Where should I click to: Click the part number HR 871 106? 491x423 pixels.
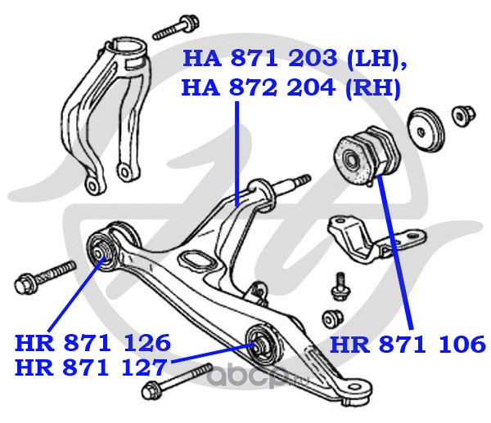coord(408,345)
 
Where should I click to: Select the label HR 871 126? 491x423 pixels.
coord(92,343)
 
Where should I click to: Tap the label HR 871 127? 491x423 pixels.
coord(91,367)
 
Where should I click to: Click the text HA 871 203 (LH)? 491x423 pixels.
coord(295,58)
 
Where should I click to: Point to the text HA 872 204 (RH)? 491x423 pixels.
coord(291,88)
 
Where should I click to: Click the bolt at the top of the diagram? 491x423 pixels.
coord(176,28)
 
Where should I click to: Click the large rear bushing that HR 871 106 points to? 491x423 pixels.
coord(367,157)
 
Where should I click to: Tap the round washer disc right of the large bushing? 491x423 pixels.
coord(426,130)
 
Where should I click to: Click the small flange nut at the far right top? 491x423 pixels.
coord(463,115)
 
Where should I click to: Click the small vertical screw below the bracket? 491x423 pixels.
coord(340,287)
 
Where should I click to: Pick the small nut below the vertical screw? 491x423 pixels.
coord(332,319)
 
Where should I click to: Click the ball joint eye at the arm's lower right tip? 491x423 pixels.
coord(358,390)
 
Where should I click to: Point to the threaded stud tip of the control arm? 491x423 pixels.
coord(303,180)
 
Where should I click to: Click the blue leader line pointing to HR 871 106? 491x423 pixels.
coord(395,252)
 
